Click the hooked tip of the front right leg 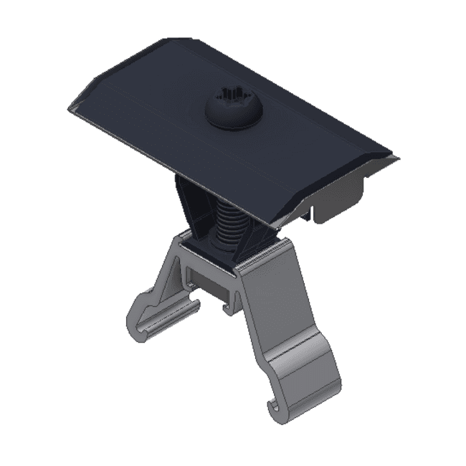pyautogui.click(x=273, y=409)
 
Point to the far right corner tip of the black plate pyautogui.click(x=397, y=157)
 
